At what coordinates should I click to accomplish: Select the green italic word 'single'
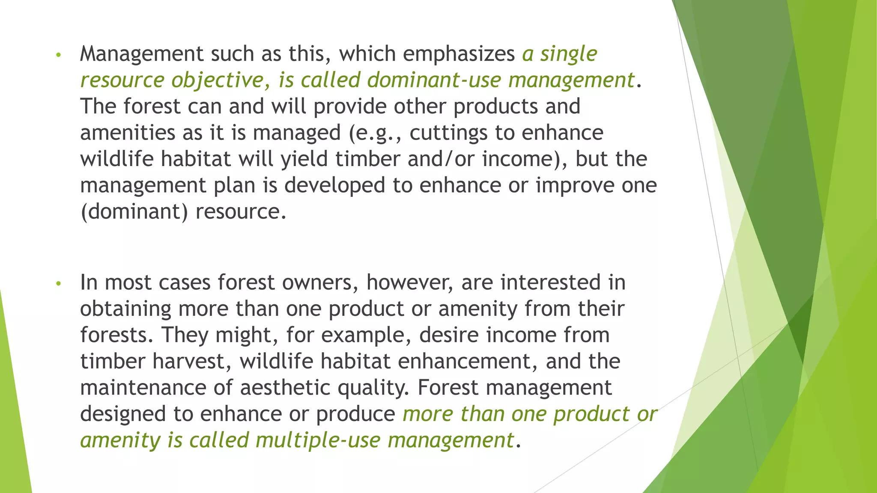coord(568,54)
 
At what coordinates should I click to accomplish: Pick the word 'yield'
coord(304,159)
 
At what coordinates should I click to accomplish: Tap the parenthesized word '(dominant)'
coord(134,212)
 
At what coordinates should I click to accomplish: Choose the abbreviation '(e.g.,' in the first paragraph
coord(376,133)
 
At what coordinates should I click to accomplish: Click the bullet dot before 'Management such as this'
coord(59,55)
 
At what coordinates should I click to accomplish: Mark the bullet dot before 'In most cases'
coord(59,284)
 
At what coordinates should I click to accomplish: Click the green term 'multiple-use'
coord(318,440)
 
